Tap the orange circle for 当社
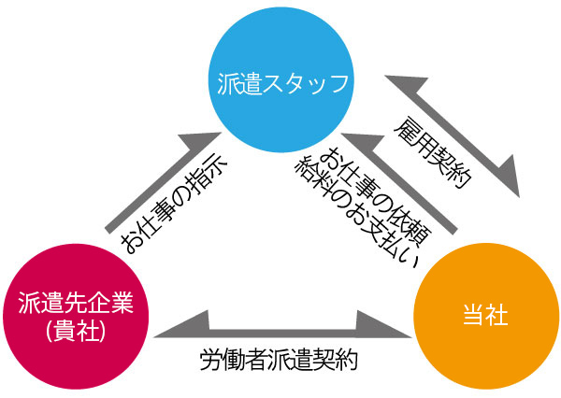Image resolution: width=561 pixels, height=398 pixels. pyautogui.click(x=484, y=316)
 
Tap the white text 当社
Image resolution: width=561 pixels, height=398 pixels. pyautogui.click(x=485, y=316)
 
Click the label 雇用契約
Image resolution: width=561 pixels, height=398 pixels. pyautogui.click(x=430, y=154)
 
